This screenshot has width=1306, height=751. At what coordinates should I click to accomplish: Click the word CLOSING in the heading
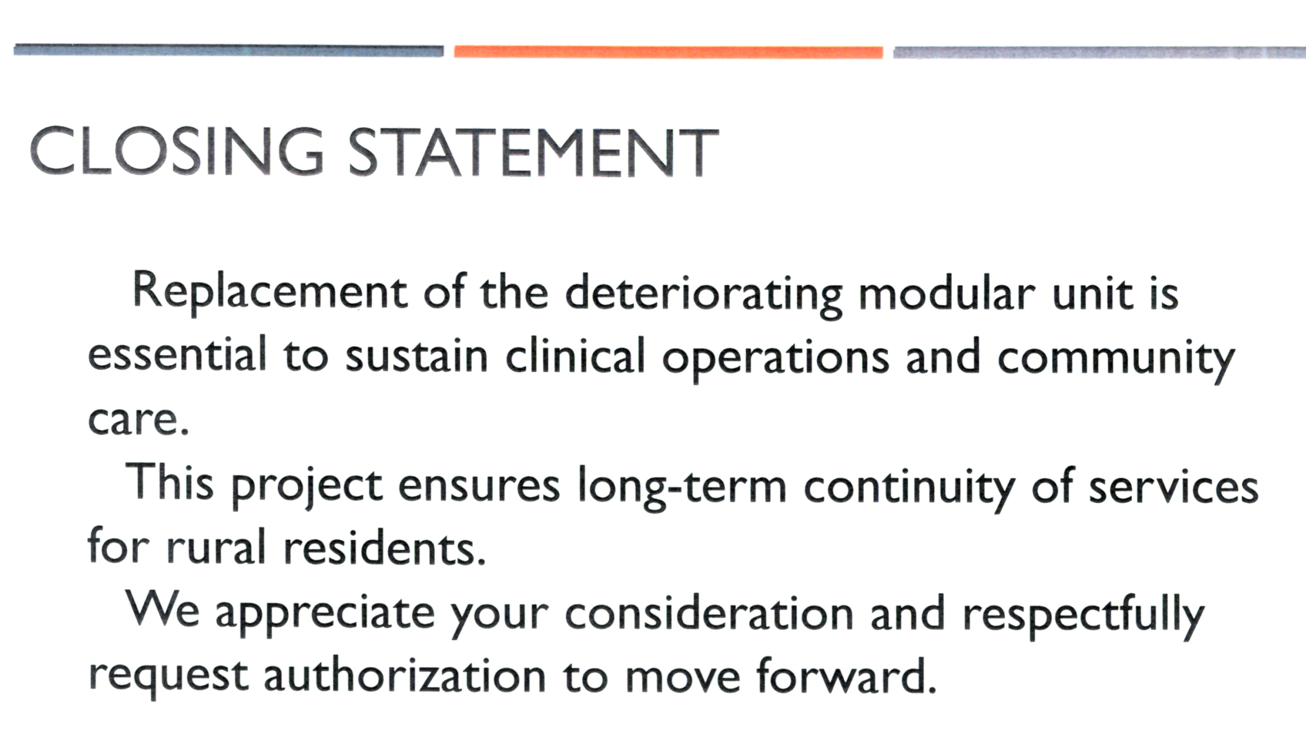(x=177, y=151)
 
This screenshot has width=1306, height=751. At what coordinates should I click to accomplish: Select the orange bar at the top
(x=668, y=52)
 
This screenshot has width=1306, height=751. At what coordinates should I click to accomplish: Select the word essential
(x=177, y=354)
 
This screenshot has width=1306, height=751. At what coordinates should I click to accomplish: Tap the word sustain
(x=416, y=356)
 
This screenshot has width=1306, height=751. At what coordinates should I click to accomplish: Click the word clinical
(x=575, y=354)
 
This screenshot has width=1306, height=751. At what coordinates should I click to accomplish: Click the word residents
(x=385, y=546)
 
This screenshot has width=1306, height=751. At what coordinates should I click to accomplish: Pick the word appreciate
(x=324, y=616)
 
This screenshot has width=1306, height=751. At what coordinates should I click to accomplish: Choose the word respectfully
(x=1083, y=616)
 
